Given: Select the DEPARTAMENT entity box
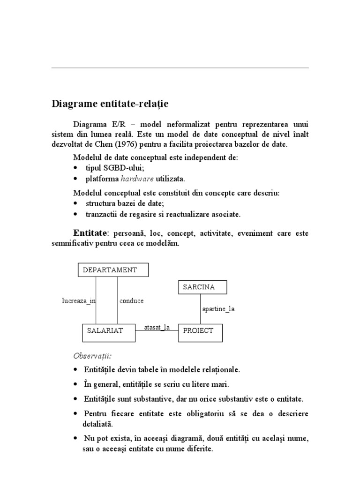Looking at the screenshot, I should [113, 270].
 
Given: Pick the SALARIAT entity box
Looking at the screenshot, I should [109, 331].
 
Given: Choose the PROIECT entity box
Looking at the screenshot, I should [201, 331].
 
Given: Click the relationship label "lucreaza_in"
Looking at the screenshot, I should [79, 301].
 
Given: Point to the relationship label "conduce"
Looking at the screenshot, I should [132, 301].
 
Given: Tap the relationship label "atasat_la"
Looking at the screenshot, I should [157, 327].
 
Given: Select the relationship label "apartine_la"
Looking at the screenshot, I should [218, 309].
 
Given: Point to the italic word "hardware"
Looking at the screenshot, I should [138, 179].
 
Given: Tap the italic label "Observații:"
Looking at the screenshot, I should [92, 355].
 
